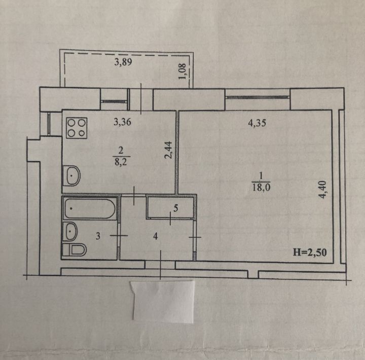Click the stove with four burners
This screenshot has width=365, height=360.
pos(77,128)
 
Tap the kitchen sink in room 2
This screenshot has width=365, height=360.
pos(72,175)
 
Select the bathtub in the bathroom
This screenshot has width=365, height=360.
pos(90,208)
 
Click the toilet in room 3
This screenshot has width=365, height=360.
pos(75,250)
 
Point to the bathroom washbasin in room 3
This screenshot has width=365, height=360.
pos(71,231)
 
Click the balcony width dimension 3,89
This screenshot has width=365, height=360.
pos(123,62)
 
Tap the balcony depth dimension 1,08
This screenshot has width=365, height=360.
pos(182,71)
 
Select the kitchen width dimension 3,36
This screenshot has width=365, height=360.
pos(122,122)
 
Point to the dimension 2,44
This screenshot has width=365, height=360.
pos(168,150)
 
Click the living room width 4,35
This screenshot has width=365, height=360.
pos(257,123)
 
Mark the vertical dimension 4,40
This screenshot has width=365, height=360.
pos(323,190)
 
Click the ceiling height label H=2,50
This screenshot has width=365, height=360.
pos(310,252)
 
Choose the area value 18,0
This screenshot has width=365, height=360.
pos(261,187)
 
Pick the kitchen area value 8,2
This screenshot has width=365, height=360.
pos(121,162)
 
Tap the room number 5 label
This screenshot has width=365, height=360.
pos(176,208)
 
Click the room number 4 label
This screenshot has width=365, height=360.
pos(156,236)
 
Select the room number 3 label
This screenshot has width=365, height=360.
pos(98,236)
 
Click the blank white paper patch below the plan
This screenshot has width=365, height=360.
pos(163,302)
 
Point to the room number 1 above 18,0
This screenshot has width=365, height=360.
pos(261,176)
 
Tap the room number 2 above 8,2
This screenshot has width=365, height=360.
pos(121,151)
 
